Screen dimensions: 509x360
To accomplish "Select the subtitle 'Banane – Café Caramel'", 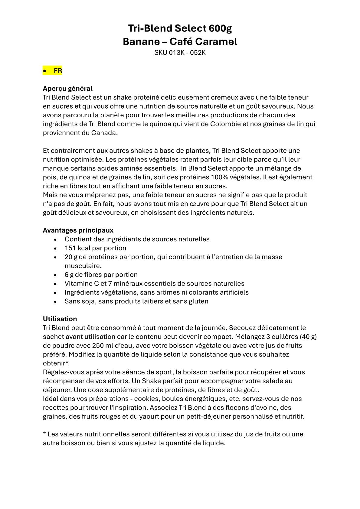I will coord(180,41).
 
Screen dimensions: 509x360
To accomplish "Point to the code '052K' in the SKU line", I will coord(198,53).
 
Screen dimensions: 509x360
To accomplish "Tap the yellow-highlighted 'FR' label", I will coord(58,71).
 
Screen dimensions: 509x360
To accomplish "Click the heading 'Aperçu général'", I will coord(67,89).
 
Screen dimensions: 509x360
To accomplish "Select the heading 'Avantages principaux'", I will coord(78,230).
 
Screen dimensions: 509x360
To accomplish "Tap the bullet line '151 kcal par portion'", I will coord(95,248).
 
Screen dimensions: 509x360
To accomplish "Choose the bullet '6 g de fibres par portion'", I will coord(101,275).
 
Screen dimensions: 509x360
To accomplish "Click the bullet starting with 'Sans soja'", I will coord(136,301).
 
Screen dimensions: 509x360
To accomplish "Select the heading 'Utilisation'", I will coord(60,319).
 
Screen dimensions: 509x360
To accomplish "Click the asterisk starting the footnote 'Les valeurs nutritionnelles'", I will coord(44,434).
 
